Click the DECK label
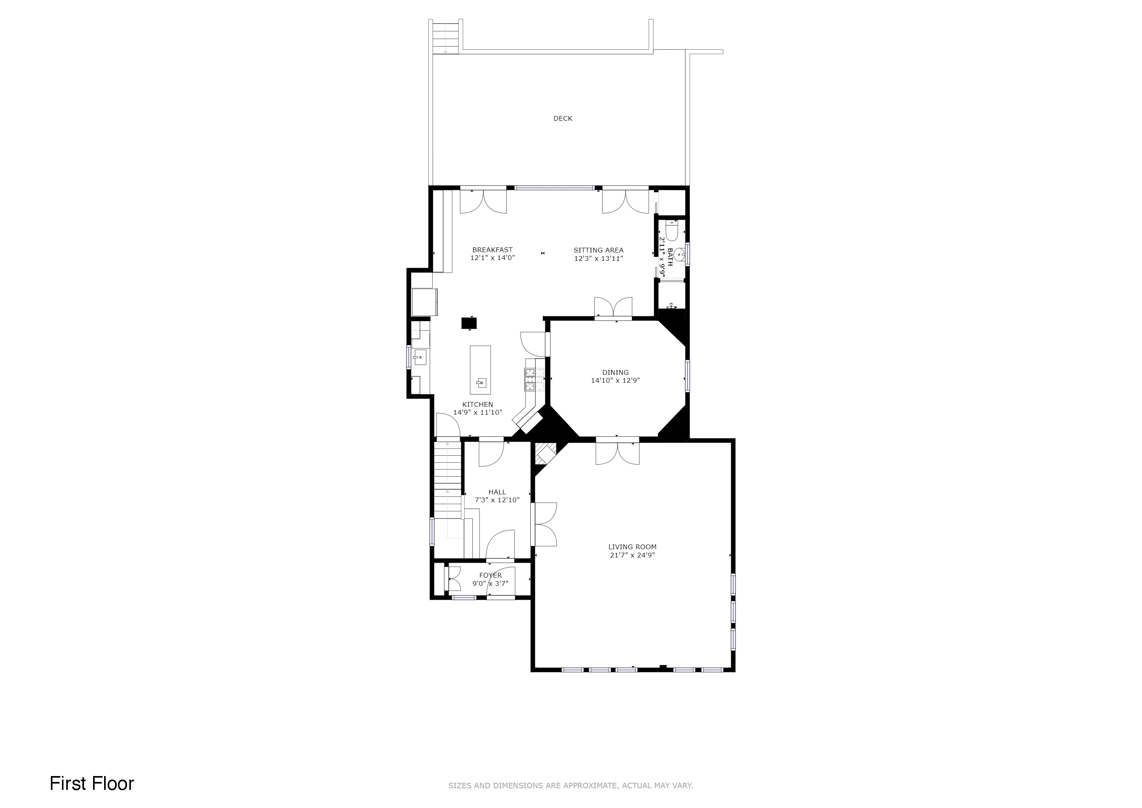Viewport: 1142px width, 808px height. point(563,118)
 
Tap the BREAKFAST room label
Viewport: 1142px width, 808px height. point(493,250)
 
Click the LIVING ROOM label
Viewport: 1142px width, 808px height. point(632,547)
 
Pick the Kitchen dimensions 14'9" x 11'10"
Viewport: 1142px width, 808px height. point(478,412)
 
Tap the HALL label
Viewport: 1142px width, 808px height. point(497,492)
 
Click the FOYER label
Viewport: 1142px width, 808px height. point(491,576)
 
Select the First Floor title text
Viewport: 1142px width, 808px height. point(92,783)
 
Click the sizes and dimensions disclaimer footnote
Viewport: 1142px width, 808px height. point(571,786)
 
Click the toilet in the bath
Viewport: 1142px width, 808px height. point(672,231)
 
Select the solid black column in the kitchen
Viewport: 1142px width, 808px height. point(469,323)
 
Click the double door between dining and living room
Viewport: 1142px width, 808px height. point(617,451)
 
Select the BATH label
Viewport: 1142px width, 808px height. point(670,257)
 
